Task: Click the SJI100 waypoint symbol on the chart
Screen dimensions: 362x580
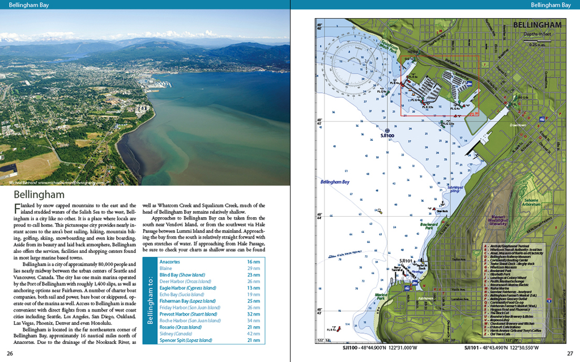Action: [387, 131]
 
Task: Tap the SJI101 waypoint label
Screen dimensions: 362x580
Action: [406, 261]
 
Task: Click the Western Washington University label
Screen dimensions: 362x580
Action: [498, 219]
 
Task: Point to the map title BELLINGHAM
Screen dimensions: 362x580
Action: [537, 25]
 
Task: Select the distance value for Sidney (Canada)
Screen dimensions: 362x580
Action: [253, 334]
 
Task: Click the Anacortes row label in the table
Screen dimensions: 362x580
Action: [169, 262]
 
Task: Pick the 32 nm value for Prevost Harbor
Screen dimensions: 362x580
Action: [253, 313]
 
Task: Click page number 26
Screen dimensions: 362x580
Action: [10, 354]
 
